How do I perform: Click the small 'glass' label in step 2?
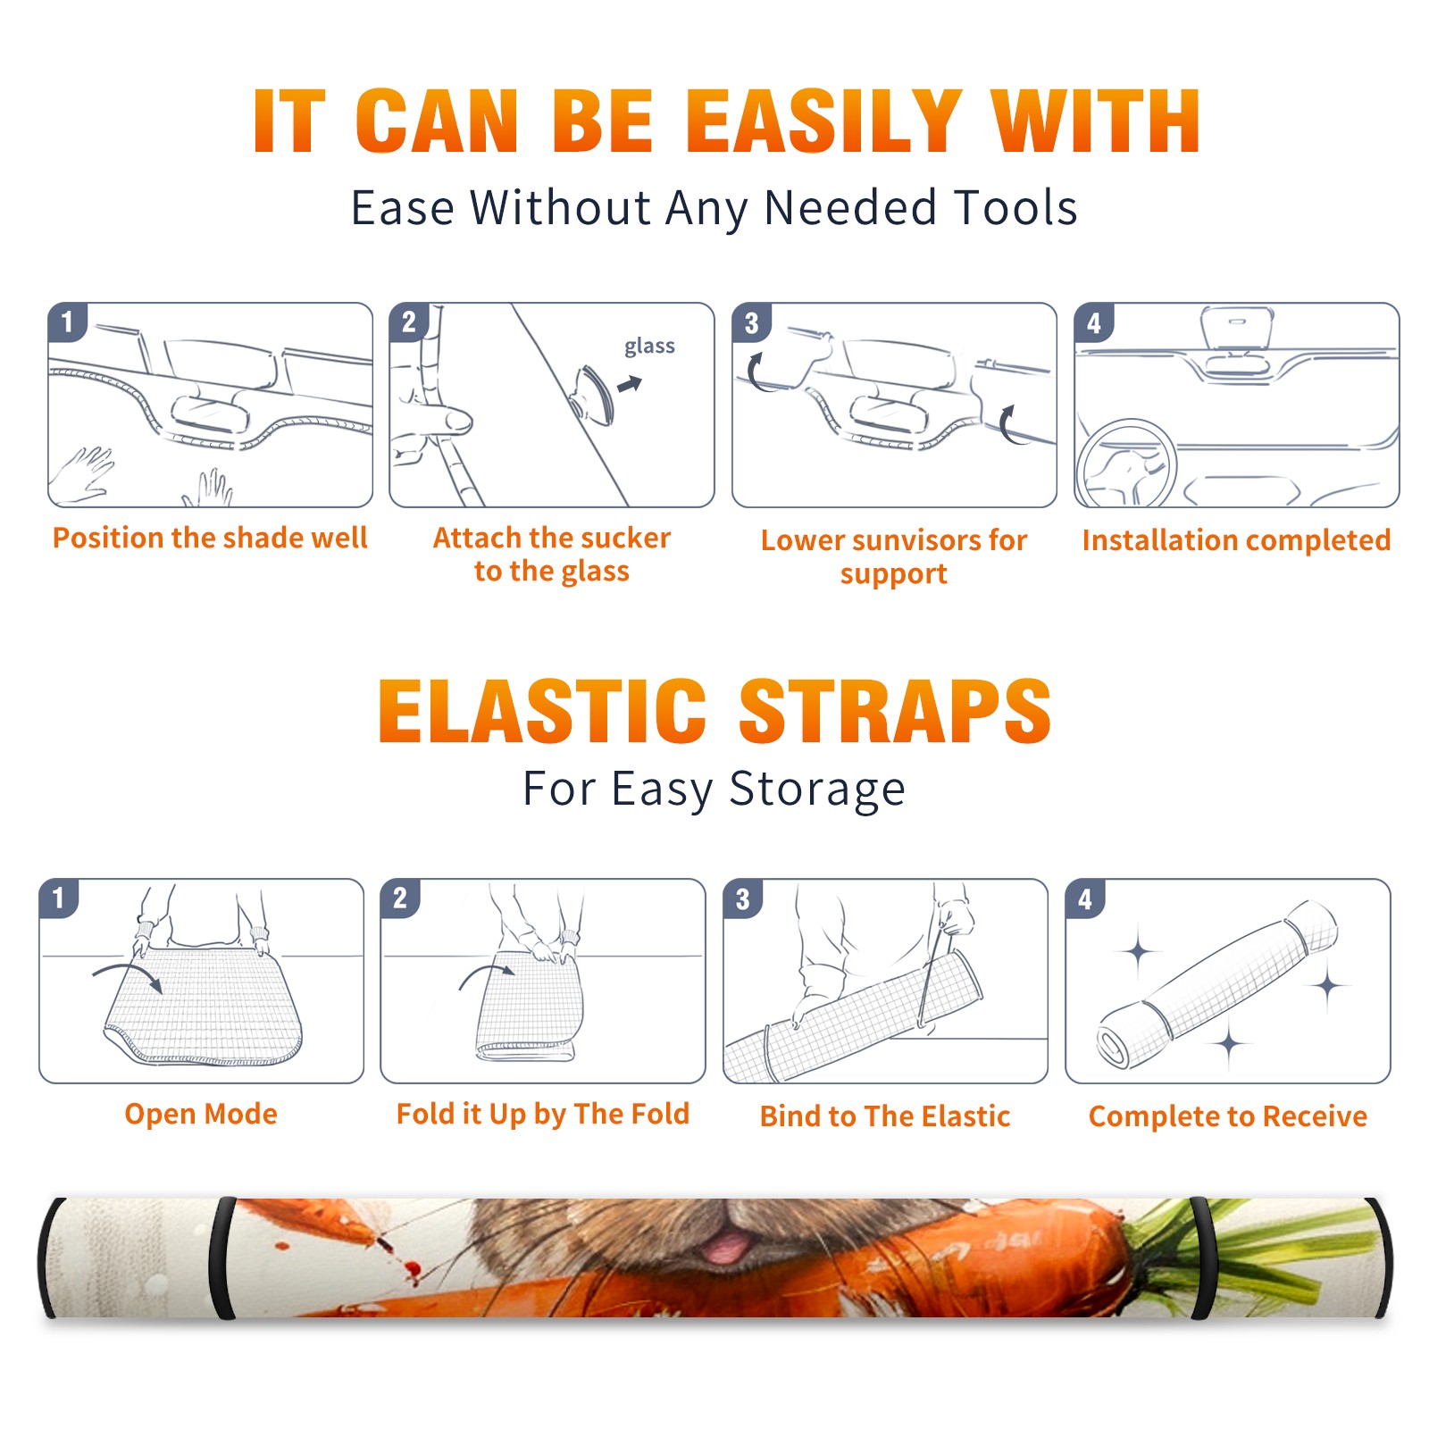click(x=649, y=347)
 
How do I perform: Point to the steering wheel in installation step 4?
click(x=1125, y=463)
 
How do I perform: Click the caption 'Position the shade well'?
click(x=210, y=538)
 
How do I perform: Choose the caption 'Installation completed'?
click(x=1236, y=539)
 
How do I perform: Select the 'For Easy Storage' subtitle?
click(x=714, y=789)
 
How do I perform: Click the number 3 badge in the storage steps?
click(x=743, y=898)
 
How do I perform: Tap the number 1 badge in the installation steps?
click(x=68, y=322)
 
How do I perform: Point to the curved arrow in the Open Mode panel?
click(x=127, y=974)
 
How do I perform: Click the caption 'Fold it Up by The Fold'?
click(x=543, y=1114)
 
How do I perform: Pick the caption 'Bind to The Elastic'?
click(x=884, y=1116)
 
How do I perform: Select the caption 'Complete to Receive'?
click(x=1228, y=1116)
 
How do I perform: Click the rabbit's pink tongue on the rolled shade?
click(x=725, y=1245)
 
